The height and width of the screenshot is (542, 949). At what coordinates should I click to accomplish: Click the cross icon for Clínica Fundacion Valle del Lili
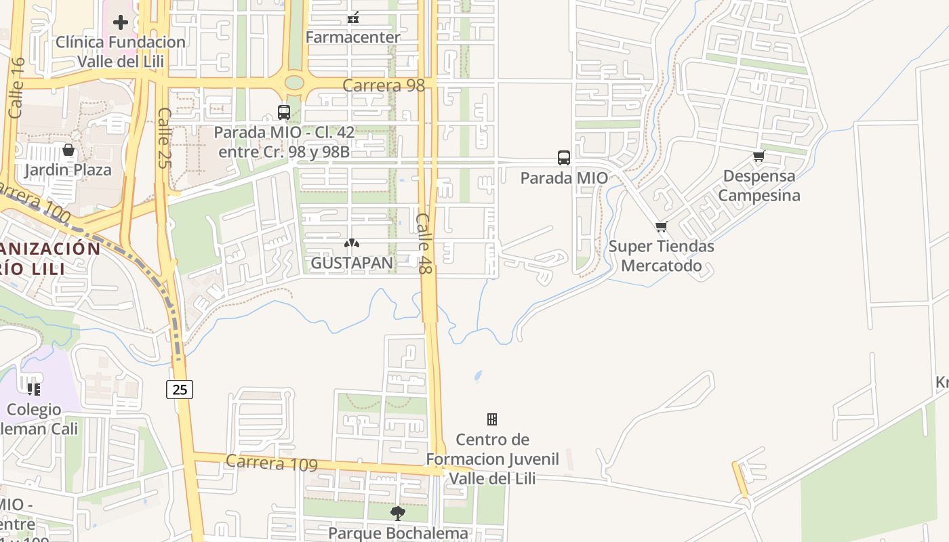[x=121, y=22]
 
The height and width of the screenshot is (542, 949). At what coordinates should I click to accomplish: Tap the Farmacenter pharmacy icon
[x=352, y=18]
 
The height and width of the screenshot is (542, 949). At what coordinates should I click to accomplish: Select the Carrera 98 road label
[x=384, y=85]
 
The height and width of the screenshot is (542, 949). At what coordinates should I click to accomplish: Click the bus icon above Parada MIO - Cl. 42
[x=284, y=112]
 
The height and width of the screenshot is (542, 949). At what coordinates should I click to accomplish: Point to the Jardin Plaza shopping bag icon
[x=68, y=150]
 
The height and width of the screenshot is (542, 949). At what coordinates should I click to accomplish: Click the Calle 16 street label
[x=17, y=88]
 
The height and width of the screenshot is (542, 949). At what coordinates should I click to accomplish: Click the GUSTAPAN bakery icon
[x=351, y=243]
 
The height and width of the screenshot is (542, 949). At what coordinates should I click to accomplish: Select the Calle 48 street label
[x=424, y=244]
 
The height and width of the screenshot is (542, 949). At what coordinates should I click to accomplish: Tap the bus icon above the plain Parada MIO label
[x=563, y=158]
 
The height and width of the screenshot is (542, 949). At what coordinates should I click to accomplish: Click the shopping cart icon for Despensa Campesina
[x=759, y=157]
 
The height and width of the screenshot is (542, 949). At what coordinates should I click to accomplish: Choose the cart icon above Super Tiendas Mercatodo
[x=661, y=226]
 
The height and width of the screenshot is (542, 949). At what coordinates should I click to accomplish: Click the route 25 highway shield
[x=180, y=390]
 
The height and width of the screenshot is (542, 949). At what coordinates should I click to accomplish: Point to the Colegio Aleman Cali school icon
[x=33, y=390]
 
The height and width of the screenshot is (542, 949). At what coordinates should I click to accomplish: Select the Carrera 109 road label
[x=271, y=463]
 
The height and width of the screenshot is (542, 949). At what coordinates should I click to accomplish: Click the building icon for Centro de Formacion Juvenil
[x=492, y=419]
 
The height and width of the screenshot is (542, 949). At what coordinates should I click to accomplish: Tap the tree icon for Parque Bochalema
[x=398, y=513]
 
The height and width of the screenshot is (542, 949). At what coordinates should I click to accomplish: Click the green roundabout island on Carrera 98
[x=294, y=83]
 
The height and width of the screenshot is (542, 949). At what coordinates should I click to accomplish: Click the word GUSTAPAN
[x=352, y=262]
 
